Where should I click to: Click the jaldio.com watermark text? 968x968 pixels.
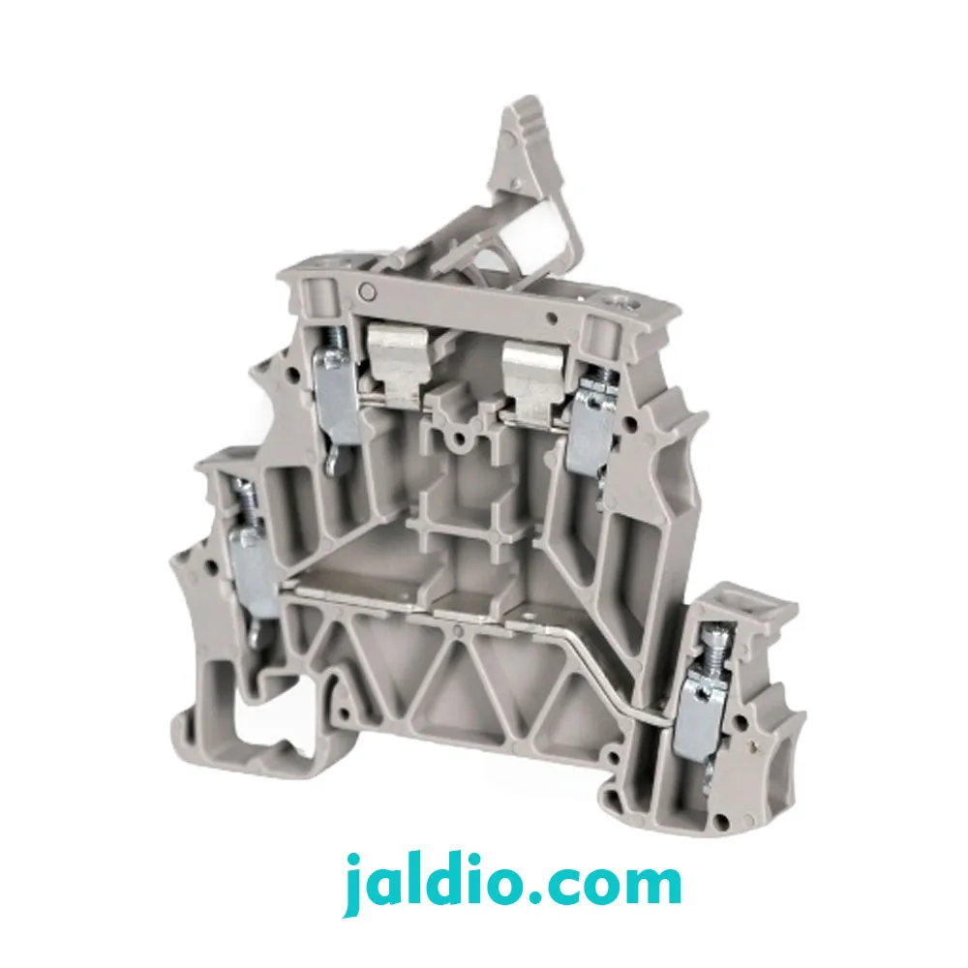(x=512, y=885)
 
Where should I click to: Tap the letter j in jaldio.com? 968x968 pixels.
(x=355, y=887)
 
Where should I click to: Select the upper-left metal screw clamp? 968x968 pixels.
(x=336, y=395)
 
